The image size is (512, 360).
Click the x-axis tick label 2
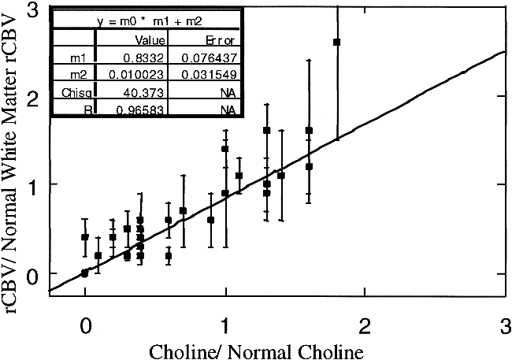[x=364, y=324]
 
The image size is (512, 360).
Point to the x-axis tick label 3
[x=503, y=324]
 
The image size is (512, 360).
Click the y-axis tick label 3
[x=32, y=10]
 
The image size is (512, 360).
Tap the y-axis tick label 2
[x=32, y=98]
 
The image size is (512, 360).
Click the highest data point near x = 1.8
[x=337, y=42]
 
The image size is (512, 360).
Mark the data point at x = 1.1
[x=239, y=176]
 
